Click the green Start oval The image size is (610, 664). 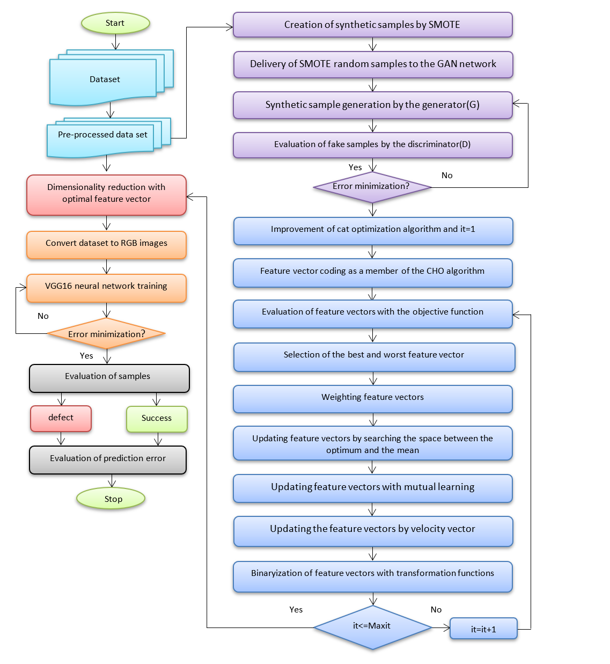[x=115, y=23]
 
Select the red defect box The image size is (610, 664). [x=61, y=418]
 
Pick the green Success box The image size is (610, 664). [x=157, y=419]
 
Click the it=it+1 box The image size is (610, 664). [x=483, y=628]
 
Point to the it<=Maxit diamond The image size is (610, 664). [x=372, y=627]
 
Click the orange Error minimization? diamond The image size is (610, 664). [x=106, y=333]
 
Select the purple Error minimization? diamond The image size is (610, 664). [x=372, y=187]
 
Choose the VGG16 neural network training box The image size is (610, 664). [x=106, y=288]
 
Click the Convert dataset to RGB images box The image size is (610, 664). [x=106, y=245]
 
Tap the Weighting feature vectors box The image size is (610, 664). [x=372, y=398]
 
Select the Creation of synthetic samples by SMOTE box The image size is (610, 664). [x=372, y=25]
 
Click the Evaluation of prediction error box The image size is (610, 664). [x=108, y=459]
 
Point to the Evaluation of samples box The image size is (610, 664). [x=109, y=378]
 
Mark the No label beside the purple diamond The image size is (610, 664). [x=446, y=175]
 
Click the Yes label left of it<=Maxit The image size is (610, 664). [x=296, y=609]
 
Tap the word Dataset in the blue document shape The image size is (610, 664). [x=105, y=79]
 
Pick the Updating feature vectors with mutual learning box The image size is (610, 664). [x=372, y=488]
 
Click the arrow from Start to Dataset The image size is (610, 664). [x=115, y=42]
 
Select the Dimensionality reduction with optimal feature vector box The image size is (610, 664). [x=106, y=195]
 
